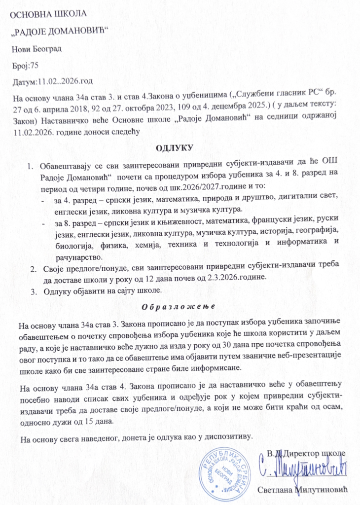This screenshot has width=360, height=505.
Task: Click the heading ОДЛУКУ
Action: (176, 147)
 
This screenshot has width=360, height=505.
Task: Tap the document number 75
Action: (35, 65)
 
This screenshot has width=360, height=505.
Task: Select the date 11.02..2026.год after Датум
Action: (62, 80)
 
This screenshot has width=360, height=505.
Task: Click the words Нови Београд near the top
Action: (36, 49)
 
